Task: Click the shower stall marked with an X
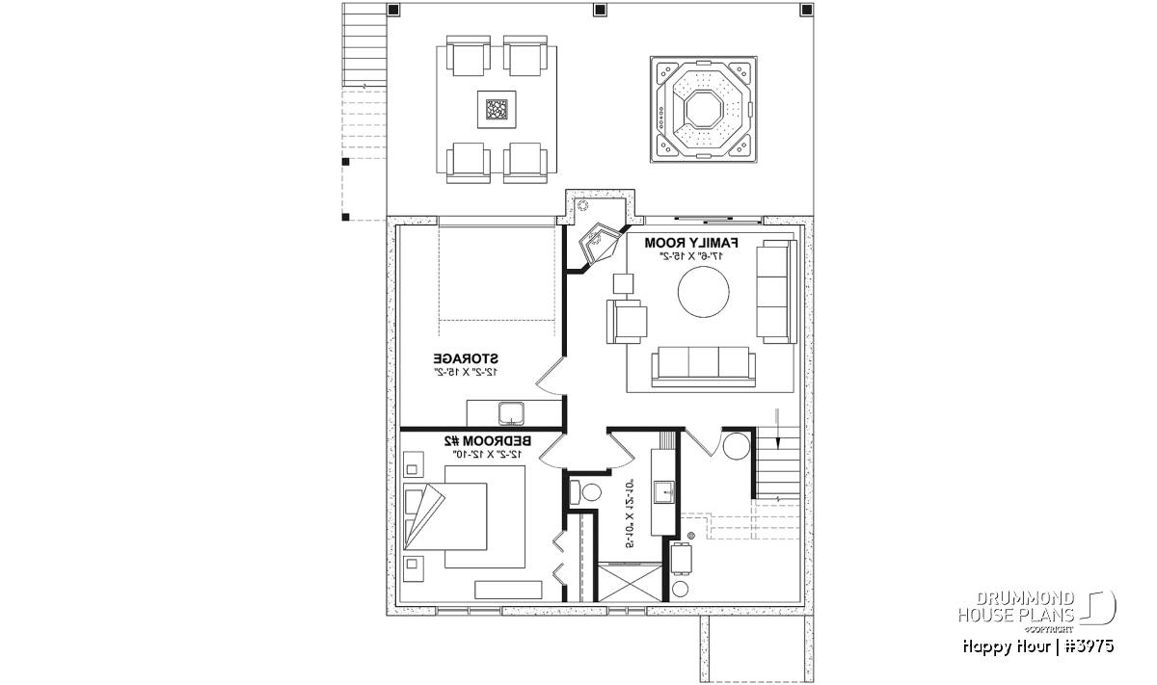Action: pos(631,582)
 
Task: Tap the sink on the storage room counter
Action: pos(512,413)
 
